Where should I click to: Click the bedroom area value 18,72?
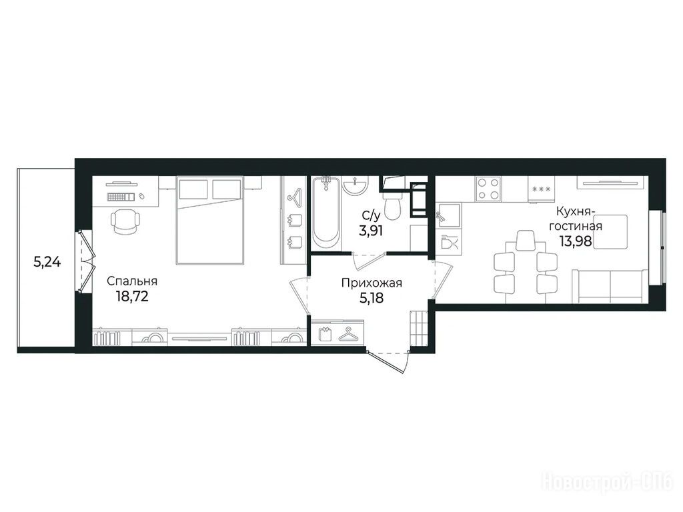pyautogui.click(x=133, y=297)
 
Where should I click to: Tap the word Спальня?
pyautogui.click(x=132, y=281)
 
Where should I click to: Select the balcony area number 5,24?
pyautogui.click(x=47, y=262)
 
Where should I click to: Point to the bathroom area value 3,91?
pyautogui.click(x=371, y=230)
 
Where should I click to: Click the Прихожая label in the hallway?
pyautogui.click(x=372, y=283)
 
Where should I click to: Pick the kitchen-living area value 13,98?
pyautogui.click(x=576, y=241)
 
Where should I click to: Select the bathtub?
pyautogui.click(x=327, y=213)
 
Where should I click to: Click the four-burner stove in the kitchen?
pyautogui.click(x=488, y=189)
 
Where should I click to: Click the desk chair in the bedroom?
pyautogui.click(x=125, y=221)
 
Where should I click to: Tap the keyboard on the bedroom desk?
pyautogui.click(x=121, y=197)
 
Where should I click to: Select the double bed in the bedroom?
pyautogui.click(x=209, y=220)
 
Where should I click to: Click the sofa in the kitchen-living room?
pyautogui.click(x=610, y=285)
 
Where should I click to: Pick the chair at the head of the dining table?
pyautogui.click(x=526, y=240)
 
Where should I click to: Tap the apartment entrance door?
pyautogui.click(x=388, y=361)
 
